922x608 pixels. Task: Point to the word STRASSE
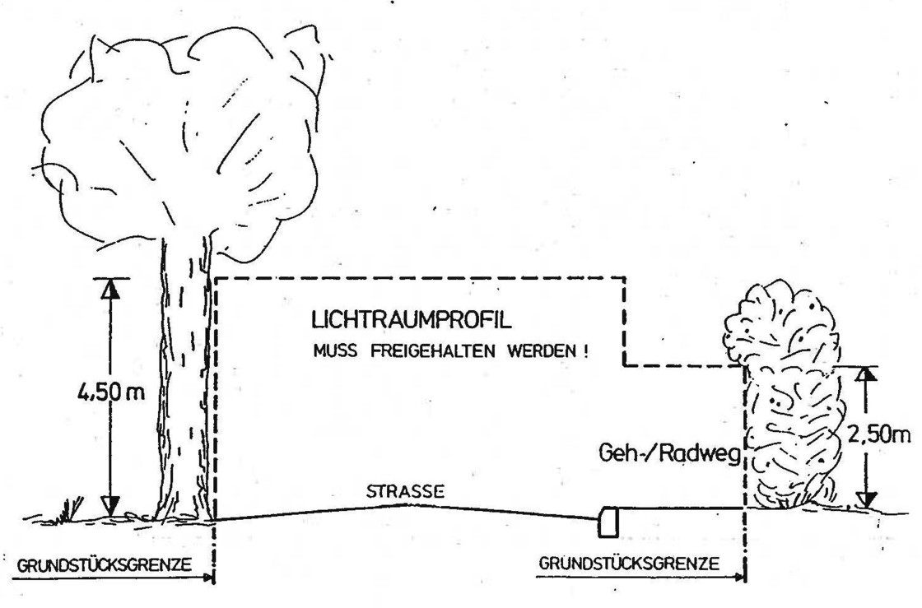[406, 492]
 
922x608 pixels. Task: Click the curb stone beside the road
[609, 522]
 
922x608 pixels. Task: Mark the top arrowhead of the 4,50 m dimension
[112, 289]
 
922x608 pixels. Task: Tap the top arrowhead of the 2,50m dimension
[864, 375]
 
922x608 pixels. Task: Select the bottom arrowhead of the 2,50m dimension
[864, 499]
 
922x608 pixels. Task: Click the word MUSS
[331, 350]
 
